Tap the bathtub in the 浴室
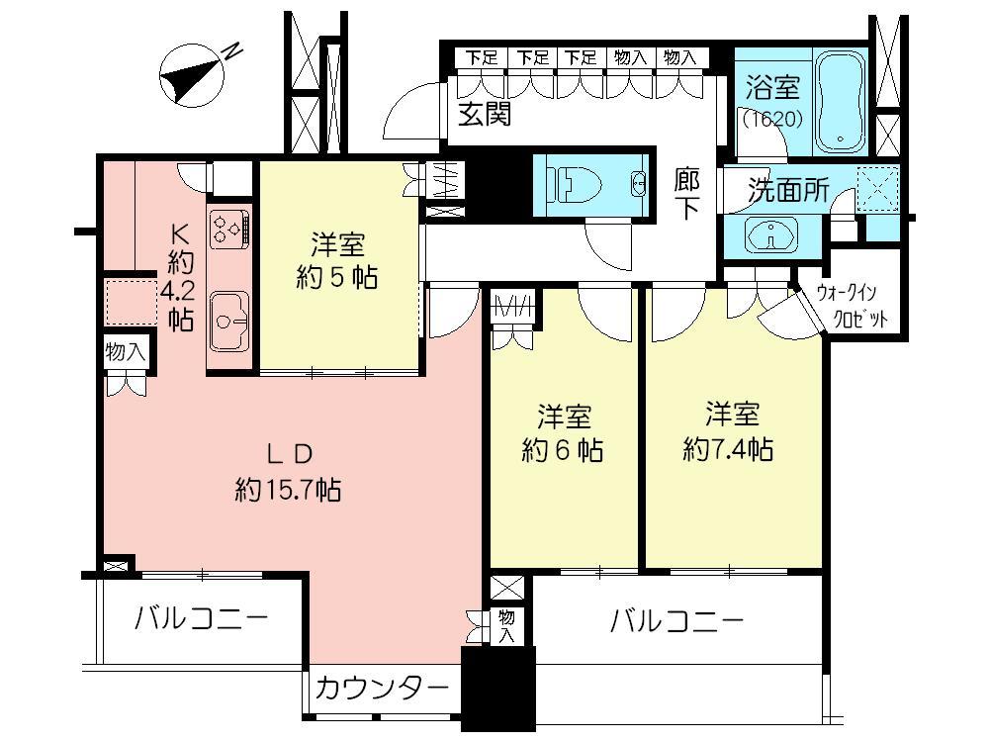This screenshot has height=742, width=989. pyautogui.click(x=840, y=102)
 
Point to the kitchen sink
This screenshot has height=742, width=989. pyautogui.click(x=229, y=322)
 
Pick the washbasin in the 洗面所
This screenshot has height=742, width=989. pyautogui.click(x=771, y=234)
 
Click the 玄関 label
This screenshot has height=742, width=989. pyautogui.click(x=485, y=114)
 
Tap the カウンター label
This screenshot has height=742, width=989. pyautogui.click(x=382, y=689)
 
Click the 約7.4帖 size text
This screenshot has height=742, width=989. pyautogui.click(x=729, y=449)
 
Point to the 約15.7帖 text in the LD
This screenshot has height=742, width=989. pyautogui.click(x=288, y=489)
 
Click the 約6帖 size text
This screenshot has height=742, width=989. pyautogui.click(x=563, y=450)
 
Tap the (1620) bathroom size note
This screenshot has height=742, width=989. pyautogui.click(x=773, y=119)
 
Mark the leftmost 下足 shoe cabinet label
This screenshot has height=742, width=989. pyautogui.click(x=482, y=58)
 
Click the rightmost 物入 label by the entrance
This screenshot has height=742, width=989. pyautogui.click(x=680, y=58)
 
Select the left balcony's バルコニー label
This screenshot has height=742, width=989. pyautogui.click(x=202, y=618)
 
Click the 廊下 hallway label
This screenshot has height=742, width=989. pyautogui.click(x=687, y=193)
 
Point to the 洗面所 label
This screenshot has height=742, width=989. pyautogui.click(x=788, y=189)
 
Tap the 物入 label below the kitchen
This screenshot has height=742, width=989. pyautogui.click(x=127, y=351)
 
